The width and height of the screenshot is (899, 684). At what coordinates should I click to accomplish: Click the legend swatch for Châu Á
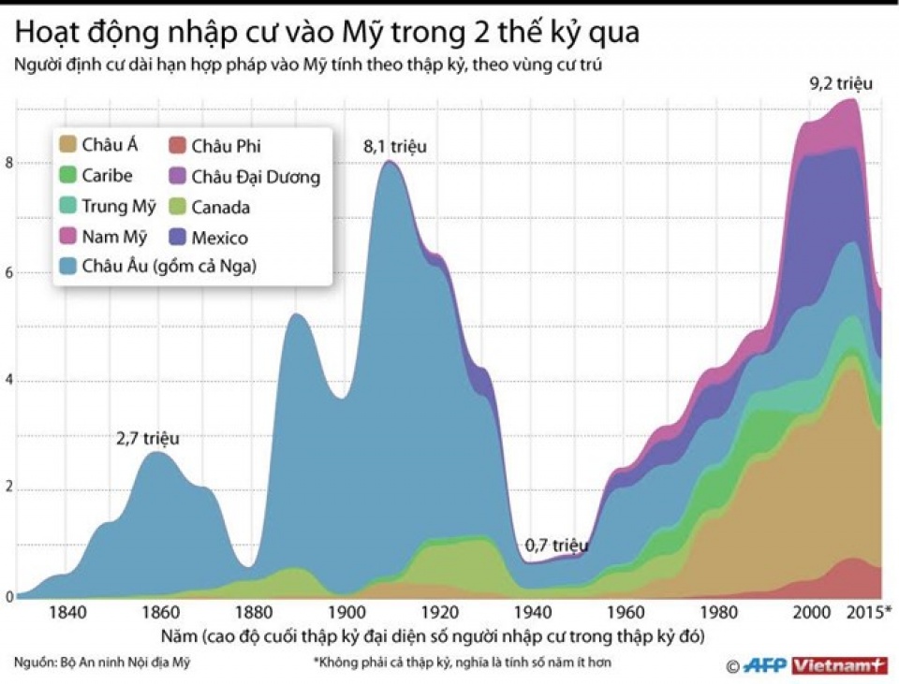click(x=68, y=146)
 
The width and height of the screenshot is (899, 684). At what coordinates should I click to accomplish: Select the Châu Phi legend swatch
click(x=177, y=146)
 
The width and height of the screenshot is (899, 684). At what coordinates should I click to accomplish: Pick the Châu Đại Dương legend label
click(x=255, y=177)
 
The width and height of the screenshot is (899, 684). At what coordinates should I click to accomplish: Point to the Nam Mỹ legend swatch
click(x=68, y=238)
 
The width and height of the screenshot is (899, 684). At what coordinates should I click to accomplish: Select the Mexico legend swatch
click(x=177, y=238)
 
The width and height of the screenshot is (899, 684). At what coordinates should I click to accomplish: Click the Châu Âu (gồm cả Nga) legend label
click(x=169, y=268)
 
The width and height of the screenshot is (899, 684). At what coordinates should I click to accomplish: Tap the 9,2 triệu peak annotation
click(x=841, y=84)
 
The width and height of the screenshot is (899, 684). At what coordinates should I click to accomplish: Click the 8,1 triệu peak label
click(x=395, y=147)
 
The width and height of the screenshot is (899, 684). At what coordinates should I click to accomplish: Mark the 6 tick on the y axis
click(x=9, y=272)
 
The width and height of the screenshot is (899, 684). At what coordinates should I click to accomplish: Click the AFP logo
click(x=766, y=665)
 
